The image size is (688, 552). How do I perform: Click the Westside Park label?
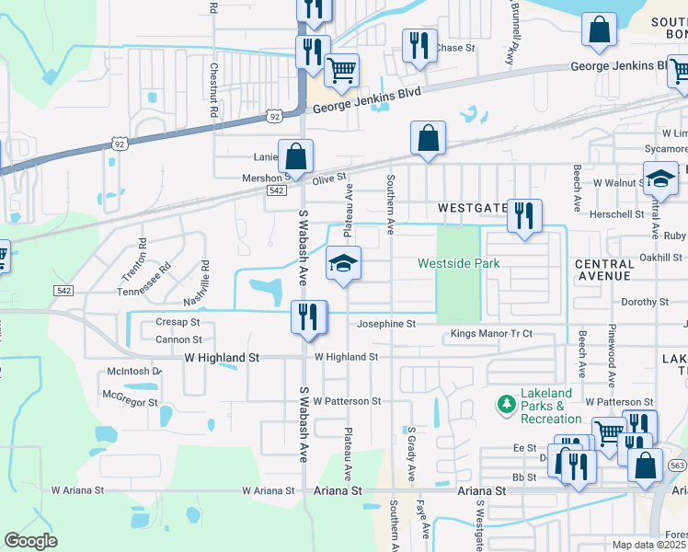coord(458,263)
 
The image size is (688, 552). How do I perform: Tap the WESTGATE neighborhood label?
coord(473,208)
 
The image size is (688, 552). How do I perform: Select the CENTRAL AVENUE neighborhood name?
coord(604,270)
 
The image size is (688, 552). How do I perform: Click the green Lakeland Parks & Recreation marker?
coord(505,404)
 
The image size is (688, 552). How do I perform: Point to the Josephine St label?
coord(386,324)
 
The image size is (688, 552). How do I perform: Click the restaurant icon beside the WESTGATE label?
coord(523,216)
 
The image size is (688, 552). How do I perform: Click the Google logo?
coord(30,541)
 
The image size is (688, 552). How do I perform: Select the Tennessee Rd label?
coord(143,281)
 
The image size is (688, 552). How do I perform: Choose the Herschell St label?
coord(618,213)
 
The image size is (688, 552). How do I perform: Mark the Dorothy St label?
coord(644,302)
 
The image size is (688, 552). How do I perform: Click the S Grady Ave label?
coord(411,453)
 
